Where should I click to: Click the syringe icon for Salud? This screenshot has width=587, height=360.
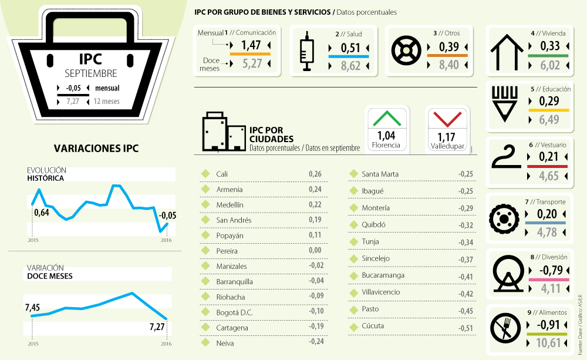(x=305, y=52)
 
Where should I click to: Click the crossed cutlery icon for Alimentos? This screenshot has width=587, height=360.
(x=506, y=329)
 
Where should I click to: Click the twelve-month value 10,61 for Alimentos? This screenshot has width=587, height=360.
(x=549, y=343)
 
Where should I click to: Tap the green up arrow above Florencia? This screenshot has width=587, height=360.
(x=386, y=119)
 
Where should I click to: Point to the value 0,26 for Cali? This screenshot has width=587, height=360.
(x=315, y=174)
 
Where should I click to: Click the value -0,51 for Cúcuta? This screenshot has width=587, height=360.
(x=466, y=328)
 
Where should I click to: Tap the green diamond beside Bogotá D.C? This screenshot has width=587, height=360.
(x=205, y=312)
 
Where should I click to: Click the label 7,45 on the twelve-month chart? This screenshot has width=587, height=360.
(x=32, y=308)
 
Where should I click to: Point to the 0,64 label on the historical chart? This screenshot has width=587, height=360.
(x=42, y=213)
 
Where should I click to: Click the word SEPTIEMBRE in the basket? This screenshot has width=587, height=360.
(x=91, y=73)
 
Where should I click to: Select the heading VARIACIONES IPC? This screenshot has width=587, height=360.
(x=96, y=148)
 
